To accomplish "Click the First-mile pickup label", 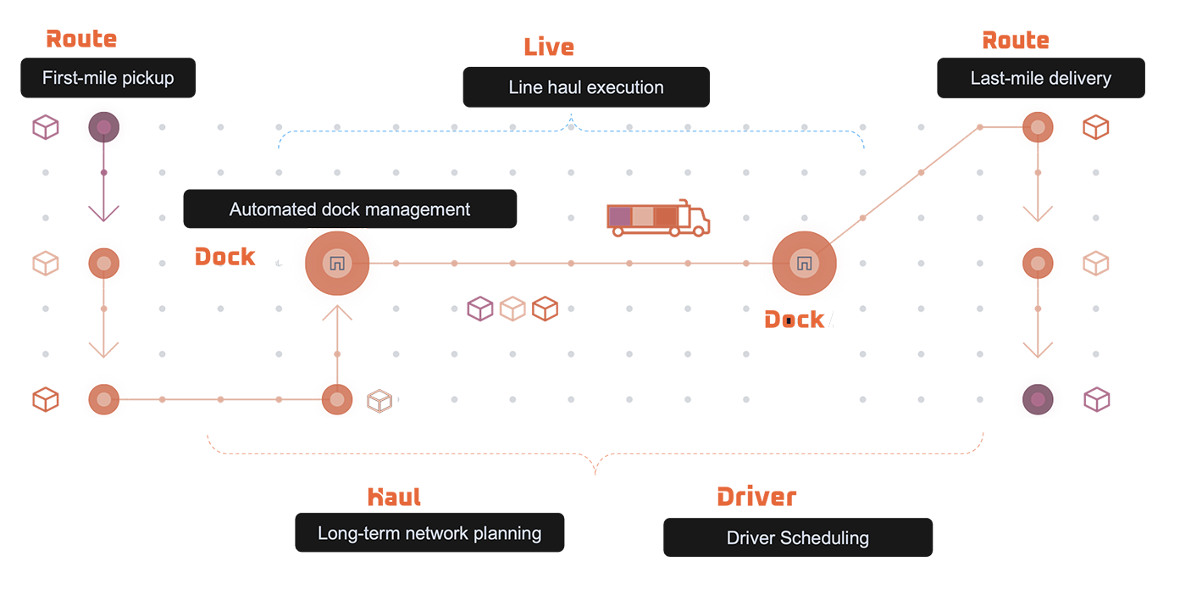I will (108, 78).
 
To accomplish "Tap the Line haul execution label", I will (586, 87).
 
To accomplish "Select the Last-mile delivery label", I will (1040, 79).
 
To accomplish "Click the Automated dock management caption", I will (350, 209).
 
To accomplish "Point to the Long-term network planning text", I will (429, 533).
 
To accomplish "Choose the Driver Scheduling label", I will (797, 537).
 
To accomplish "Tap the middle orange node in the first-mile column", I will (103, 264).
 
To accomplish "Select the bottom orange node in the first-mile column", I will (103, 398).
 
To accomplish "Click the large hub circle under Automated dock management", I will (336, 264).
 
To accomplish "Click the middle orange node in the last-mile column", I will (1037, 264).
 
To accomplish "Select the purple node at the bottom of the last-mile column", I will (1037, 398).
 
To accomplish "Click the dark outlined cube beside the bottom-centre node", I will (379, 400).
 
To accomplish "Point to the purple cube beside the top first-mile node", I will (46, 128).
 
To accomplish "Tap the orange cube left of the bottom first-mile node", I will (46, 398).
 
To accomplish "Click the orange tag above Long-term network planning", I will (395, 501).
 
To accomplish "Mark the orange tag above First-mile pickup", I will (82, 42).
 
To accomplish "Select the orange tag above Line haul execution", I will (550, 50).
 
